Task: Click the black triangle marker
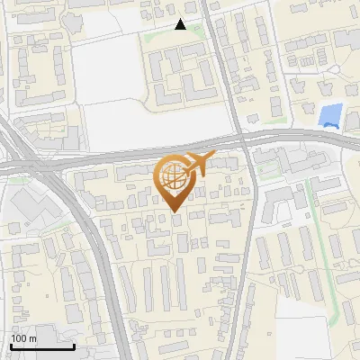(x=181, y=25)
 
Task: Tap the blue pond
(x=330, y=115)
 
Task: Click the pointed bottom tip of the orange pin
(x=174, y=211)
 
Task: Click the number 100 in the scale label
(x=20, y=338)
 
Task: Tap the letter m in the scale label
(x=33, y=338)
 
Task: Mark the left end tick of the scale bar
(x=11, y=345)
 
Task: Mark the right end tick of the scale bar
(x=74, y=345)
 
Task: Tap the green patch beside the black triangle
(x=160, y=33)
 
